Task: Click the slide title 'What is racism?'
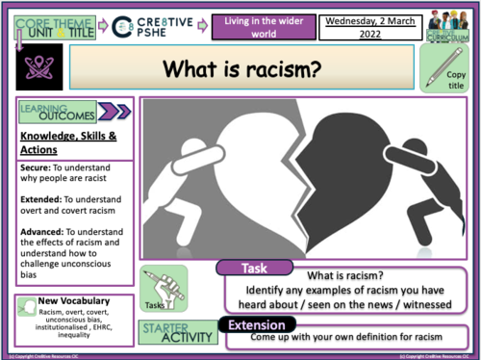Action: point(241,69)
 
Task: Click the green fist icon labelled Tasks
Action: point(160,287)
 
